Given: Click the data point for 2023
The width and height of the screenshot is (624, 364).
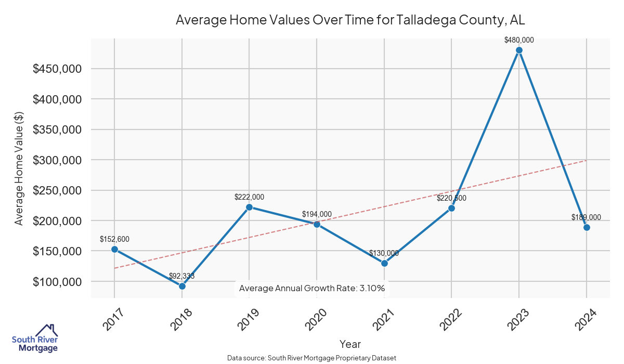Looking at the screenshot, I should coord(519,50).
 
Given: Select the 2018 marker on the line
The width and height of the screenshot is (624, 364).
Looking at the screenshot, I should coord(182,286).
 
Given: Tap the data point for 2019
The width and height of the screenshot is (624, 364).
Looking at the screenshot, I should coord(249,207).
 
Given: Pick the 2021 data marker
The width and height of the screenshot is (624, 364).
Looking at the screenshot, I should coord(384,263).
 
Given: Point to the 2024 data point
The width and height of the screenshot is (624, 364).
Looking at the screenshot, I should coord(587,227).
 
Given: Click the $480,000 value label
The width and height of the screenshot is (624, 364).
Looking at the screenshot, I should coord(519,40).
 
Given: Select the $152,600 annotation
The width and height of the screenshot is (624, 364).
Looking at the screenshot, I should coord(114,239).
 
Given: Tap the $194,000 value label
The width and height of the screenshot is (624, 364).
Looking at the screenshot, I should coord(317,214).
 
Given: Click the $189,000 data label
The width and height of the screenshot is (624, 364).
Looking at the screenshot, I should coord(586,217).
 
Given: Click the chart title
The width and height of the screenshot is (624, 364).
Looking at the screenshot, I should coord(350,20).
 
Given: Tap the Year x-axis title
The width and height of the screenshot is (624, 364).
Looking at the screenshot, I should coord(350,344).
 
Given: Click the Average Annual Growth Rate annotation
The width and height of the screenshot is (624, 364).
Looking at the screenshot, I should coord(312,288).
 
